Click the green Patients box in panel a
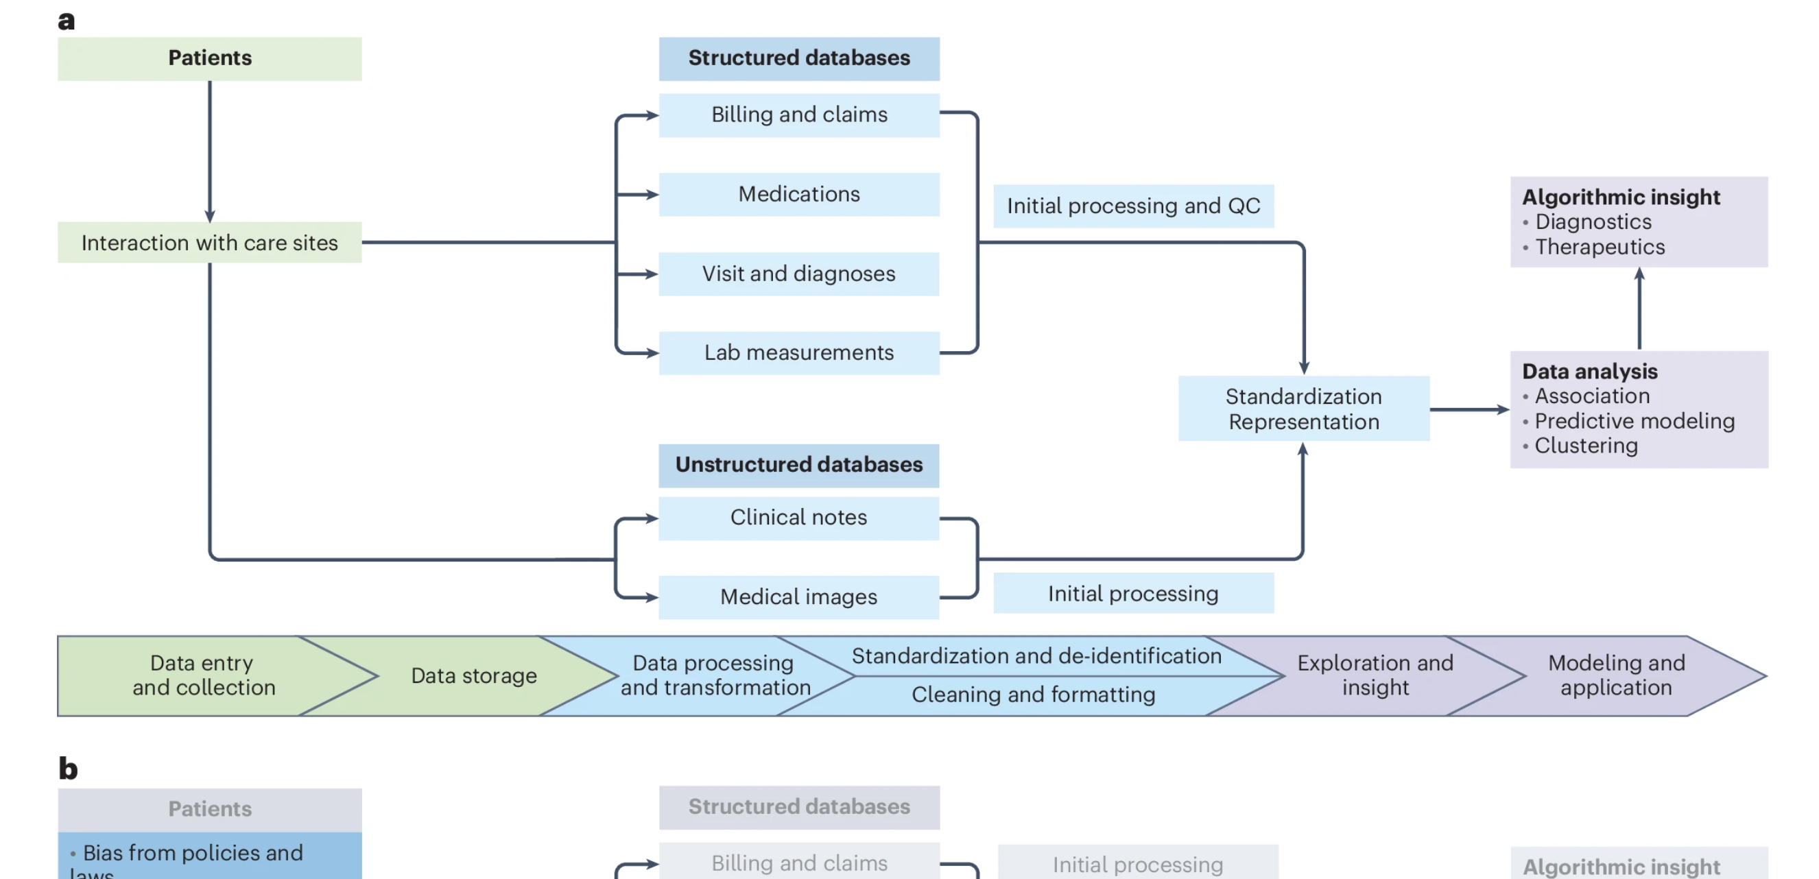pos(209,58)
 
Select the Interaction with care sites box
pos(209,243)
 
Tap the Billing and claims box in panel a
pos(798,115)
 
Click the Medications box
pos(798,194)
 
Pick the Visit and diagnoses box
pos(798,274)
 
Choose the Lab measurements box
pos(798,353)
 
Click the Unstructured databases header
pos(798,466)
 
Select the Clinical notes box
pos(798,518)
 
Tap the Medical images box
pos(798,597)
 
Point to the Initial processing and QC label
pos(1133,206)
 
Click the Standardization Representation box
pos(1303,409)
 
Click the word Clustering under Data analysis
pos(1586,446)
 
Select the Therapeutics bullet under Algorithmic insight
pos(1600,247)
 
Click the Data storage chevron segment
pos(474,676)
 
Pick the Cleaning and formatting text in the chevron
pos(1033,695)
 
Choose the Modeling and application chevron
pos(1617,675)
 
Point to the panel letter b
pos(68,768)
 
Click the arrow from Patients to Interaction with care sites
pos(210,152)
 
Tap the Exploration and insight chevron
pos(1374,675)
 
